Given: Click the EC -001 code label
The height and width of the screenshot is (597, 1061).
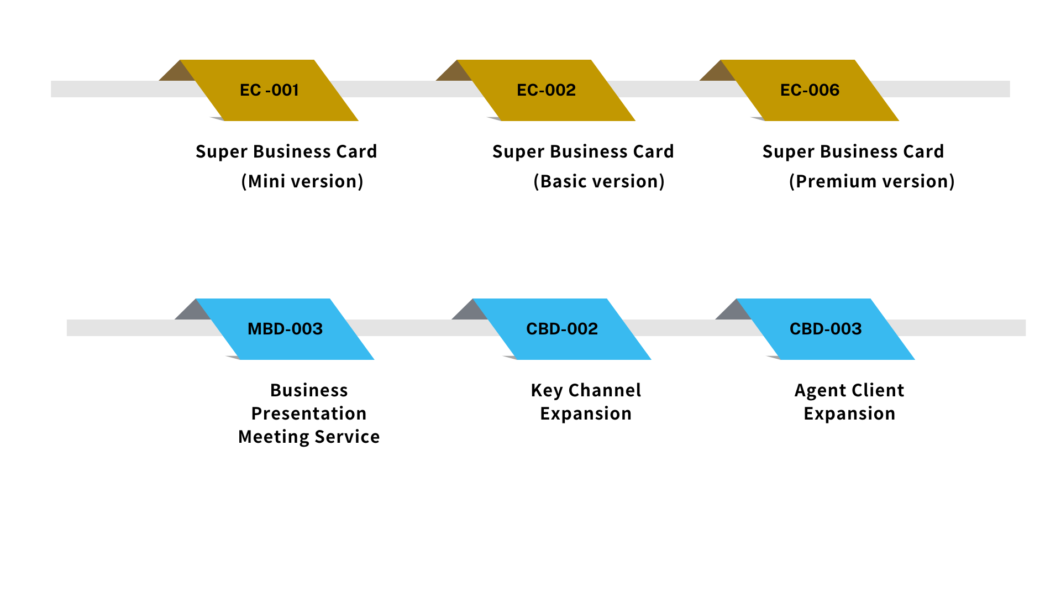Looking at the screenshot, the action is point(269,90).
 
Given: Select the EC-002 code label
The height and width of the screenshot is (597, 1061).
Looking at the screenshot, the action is point(546,90).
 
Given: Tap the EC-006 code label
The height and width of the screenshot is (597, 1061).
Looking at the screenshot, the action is point(810,90).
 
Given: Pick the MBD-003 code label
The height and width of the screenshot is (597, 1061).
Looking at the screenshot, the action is point(285,329).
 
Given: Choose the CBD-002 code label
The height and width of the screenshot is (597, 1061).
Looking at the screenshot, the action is point(562,329).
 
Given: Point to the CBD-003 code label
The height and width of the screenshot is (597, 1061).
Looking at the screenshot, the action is point(826,329).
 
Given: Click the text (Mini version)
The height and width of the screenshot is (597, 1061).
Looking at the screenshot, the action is point(302,181).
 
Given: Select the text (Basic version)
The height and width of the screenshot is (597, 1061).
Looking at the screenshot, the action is point(599,181).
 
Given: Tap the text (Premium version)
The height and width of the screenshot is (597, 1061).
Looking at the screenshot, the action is point(872,181).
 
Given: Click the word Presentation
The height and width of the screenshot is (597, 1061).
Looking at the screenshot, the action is point(309,413).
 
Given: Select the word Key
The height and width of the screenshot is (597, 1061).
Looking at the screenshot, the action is point(547,391).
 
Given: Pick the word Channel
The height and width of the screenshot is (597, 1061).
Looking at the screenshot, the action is point(605,390).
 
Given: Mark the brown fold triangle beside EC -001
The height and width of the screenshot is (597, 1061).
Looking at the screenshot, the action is point(176,72).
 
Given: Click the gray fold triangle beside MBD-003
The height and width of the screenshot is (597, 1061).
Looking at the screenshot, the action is point(192,311).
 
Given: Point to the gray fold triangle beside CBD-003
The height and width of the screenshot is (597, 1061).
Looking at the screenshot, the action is point(733,311).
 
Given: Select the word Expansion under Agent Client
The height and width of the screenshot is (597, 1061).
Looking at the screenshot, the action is point(849,414).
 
